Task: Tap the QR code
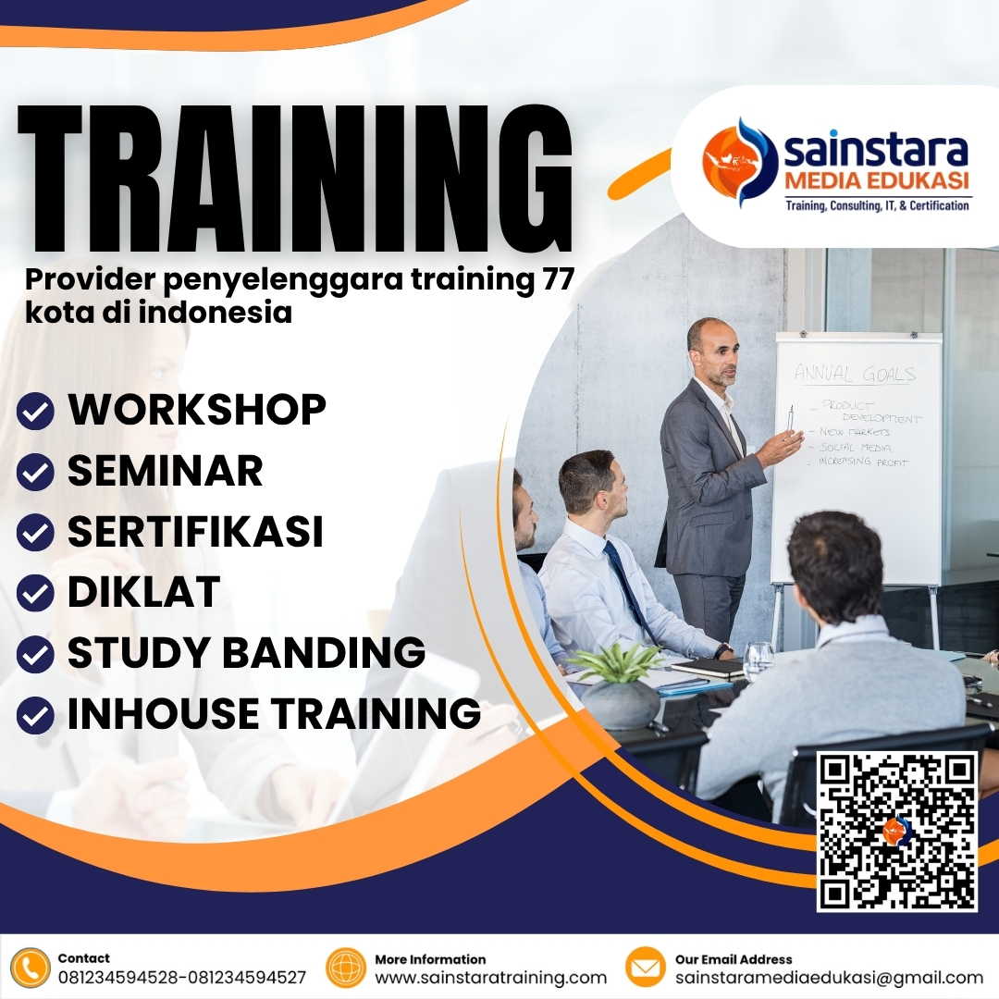point(897,831)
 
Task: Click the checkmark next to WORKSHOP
point(35,412)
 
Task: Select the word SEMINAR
point(165,471)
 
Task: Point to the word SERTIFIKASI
point(195,532)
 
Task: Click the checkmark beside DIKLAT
point(35,594)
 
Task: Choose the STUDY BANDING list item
point(246,653)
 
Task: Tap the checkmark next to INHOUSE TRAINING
point(35,715)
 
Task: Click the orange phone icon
point(31,968)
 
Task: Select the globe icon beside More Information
point(347,968)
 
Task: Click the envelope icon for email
point(646,968)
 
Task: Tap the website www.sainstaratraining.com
point(490,978)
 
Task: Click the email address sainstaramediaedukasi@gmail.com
point(829,978)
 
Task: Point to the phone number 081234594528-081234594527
point(182,978)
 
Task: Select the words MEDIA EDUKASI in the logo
point(875,178)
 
